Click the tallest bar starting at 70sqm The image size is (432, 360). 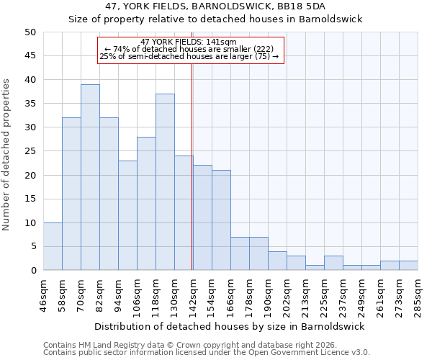click(x=90, y=177)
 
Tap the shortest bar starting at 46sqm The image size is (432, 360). click(x=53, y=246)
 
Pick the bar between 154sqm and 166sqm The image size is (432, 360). click(x=221, y=220)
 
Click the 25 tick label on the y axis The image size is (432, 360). click(x=30, y=151)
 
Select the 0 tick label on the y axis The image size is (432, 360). click(x=32, y=271)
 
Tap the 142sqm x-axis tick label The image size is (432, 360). click(x=193, y=296)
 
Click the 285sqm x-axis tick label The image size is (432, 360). click(x=418, y=296)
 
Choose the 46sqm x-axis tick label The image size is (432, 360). click(x=44, y=296)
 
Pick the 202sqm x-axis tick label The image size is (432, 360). click(x=287, y=296)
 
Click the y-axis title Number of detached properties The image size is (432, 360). click(x=7, y=155)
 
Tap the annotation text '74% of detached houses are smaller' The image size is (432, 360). click(x=191, y=49)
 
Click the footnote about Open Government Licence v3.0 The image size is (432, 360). click(x=207, y=353)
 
